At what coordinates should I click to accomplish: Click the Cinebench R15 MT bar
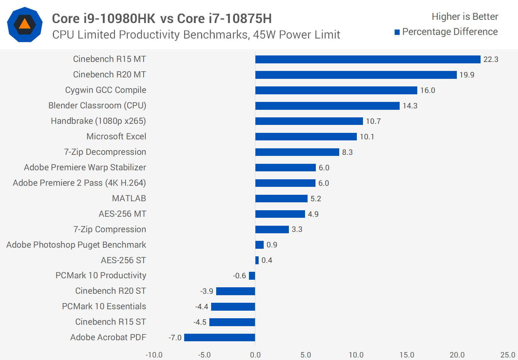click(x=368, y=59)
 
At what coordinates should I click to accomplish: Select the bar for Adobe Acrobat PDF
click(x=219, y=338)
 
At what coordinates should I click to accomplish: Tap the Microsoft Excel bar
click(x=306, y=137)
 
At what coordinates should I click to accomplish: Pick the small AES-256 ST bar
click(x=257, y=260)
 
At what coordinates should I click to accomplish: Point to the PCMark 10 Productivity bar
click(x=252, y=276)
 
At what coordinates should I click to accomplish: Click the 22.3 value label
click(x=491, y=59)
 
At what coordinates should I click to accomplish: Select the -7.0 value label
click(x=175, y=338)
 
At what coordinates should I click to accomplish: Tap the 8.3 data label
click(x=347, y=152)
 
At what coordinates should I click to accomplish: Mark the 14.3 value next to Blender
click(x=410, y=106)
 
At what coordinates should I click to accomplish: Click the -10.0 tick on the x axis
click(x=154, y=355)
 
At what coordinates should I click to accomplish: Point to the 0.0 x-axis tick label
click(x=255, y=355)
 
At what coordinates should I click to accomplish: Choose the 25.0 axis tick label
click(x=508, y=355)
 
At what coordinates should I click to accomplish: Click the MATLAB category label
click(x=129, y=198)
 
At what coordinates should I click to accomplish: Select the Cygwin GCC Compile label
click(x=105, y=90)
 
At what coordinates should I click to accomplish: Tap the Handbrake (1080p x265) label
click(x=98, y=121)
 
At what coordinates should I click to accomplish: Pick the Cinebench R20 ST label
click(x=110, y=291)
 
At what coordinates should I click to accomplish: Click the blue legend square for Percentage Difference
click(x=397, y=32)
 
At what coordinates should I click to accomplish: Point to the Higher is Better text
click(x=465, y=17)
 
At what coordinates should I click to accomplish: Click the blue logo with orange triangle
click(x=25, y=24)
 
